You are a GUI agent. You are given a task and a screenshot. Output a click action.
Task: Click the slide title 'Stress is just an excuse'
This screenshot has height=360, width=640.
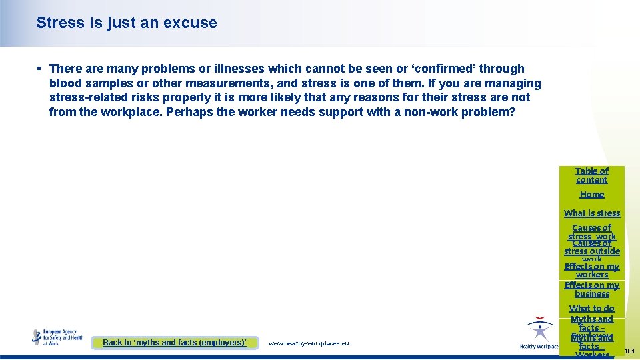(x=127, y=23)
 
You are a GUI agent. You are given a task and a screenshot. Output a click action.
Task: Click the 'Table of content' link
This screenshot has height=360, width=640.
(x=591, y=175)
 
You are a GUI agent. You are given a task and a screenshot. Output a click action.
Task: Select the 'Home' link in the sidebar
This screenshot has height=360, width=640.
(x=591, y=195)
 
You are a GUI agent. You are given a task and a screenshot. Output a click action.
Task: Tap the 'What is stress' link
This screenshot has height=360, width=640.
(x=591, y=213)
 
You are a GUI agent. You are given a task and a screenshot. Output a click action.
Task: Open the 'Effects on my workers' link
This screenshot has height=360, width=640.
(x=591, y=270)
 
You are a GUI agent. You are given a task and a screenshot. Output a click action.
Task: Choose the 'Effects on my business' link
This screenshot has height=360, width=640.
(x=591, y=289)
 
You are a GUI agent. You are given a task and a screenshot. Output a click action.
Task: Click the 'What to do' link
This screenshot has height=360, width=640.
(x=591, y=309)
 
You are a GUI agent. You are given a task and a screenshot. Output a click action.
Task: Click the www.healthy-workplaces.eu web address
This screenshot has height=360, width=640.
(x=308, y=343)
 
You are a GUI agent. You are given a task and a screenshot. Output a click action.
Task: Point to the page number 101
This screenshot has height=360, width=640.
(x=629, y=350)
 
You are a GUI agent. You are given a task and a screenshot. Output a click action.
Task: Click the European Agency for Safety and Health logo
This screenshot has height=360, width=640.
(x=58, y=337)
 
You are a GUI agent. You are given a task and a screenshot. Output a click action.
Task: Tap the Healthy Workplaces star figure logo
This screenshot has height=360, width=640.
(x=539, y=331)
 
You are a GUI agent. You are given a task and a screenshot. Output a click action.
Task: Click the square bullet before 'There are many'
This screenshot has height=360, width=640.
(x=40, y=69)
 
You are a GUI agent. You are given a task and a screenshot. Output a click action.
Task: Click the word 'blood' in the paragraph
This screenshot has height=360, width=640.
(x=65, y=83)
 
